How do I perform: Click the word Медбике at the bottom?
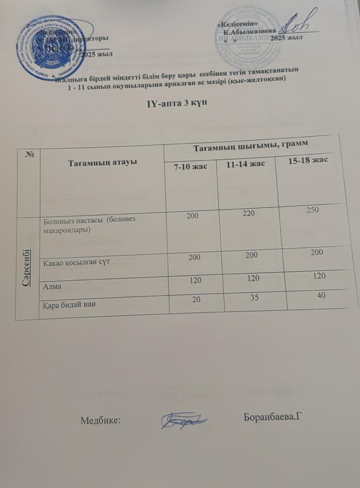(x=101, y=421)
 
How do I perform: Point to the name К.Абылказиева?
(x=250, y=32)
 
